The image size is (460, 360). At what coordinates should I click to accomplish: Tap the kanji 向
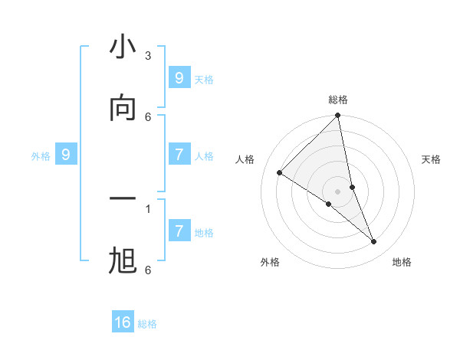tap(123, 108)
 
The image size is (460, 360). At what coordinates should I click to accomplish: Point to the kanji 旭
tap(123, 260)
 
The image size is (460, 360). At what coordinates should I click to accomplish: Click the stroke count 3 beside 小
tap(148, 55)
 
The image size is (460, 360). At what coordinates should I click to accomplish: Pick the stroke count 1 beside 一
tap(148, 208)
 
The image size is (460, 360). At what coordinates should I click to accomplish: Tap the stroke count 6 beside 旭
tap(148, 270)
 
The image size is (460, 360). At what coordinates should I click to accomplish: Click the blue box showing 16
tap(123, 322)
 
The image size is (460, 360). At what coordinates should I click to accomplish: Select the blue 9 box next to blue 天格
tap(179, 77)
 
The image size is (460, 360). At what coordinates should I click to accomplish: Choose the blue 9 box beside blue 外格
tap(66, 155)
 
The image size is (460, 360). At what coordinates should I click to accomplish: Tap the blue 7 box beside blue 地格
tap(179, 231)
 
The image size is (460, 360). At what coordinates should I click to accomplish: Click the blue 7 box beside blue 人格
tap(179, 155)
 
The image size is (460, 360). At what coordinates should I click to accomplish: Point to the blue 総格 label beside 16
tap(147, 324)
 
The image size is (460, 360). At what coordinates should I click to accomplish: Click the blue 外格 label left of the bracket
tap(41, 156)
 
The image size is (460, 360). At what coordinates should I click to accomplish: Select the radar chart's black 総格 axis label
tap(338, 100)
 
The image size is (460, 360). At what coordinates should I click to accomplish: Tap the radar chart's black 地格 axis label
tap(402, 263)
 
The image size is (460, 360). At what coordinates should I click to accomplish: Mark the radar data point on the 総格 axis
tap(338, 116)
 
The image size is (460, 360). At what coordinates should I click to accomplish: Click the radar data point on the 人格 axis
tap(280, 172)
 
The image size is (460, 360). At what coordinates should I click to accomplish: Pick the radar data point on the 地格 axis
tap(374, 242)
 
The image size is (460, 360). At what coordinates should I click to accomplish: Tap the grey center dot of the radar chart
tap(338, 191)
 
